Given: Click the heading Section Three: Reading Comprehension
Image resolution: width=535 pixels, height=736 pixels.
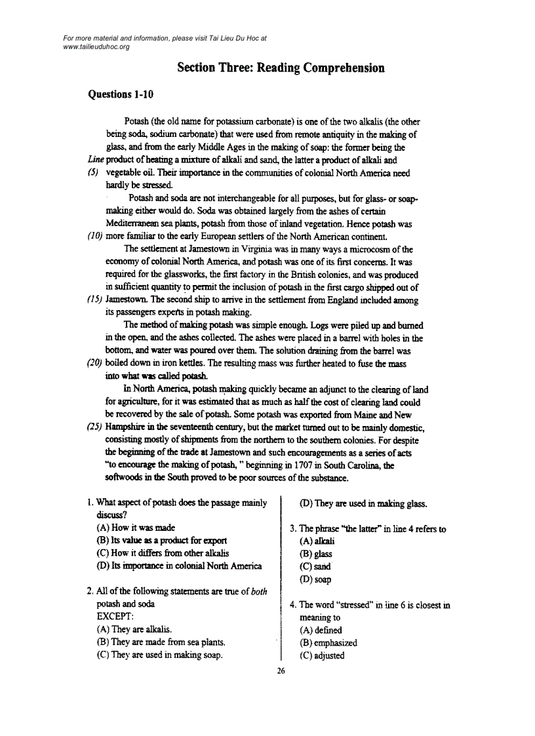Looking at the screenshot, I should tap(281, 68).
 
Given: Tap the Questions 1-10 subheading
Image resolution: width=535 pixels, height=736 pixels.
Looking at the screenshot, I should tap(121, 94).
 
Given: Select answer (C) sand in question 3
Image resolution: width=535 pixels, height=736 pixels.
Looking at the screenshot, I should tap(315, 566).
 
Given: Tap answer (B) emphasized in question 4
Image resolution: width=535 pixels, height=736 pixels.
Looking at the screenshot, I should tap(328, 643).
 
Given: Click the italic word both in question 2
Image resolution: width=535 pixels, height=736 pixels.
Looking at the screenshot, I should tap(259, 591).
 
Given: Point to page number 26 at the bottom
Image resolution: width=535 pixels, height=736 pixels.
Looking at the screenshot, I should tap(281, 670).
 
